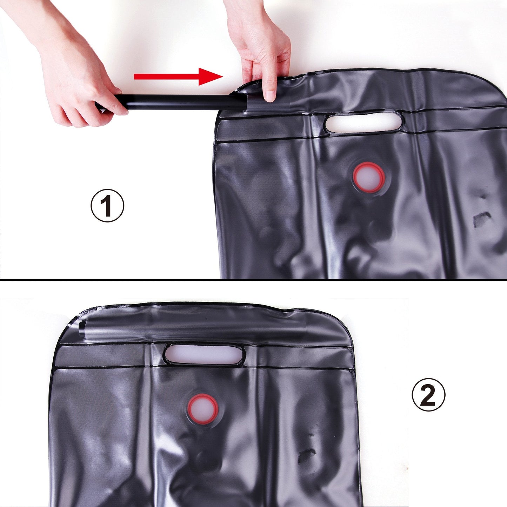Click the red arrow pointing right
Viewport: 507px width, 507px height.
[x=175, y=76]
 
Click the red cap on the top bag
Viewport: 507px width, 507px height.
[x=369, y=177]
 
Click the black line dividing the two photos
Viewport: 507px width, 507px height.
[x=253, y=280]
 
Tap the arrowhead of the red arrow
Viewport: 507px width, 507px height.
[x=211, y=76]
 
